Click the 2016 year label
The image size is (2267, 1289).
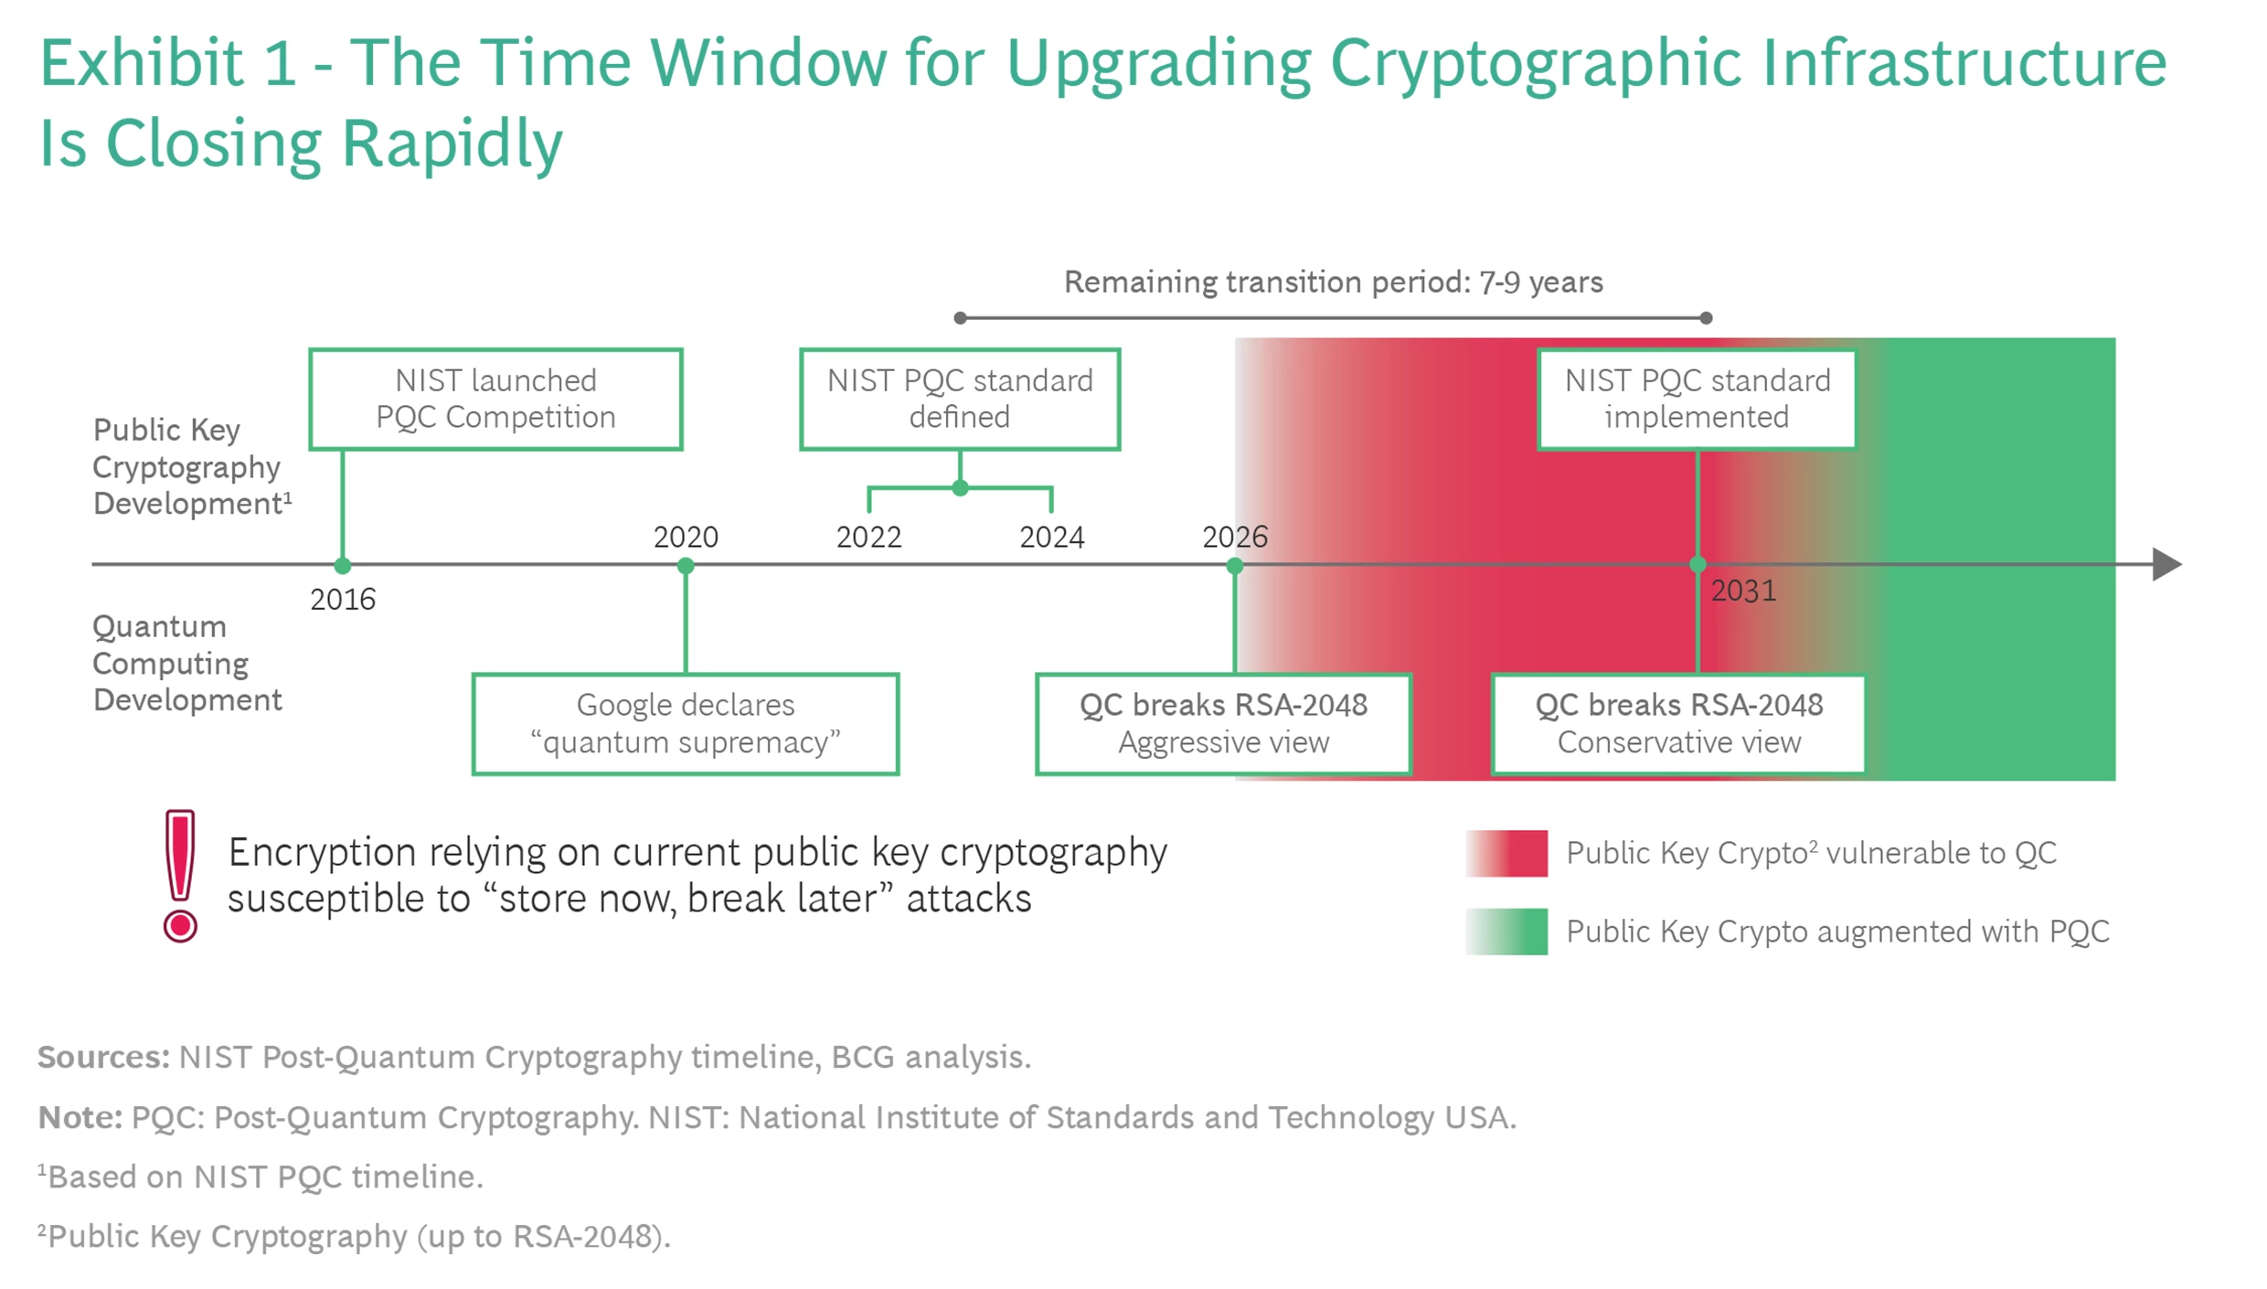pyautogui.click(x=343, y=600)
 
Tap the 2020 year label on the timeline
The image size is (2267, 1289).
pyautogui.click(x=686, y=537)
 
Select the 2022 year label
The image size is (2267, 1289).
pyautogui.click(x=868, y=537)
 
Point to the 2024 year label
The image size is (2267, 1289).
pyautogui.click(x=1051, y=537)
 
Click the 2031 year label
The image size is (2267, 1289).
pyautogui.click(x=1743, y=591)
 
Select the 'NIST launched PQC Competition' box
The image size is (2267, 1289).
pyautogui.click(x=495, y=399)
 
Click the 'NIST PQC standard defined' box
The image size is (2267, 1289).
pyautogui.click(x=960, y=399)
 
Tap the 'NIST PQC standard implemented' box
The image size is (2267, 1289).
pyautogui.click(x=1697, y=399)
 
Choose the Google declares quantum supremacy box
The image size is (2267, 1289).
pyautogui.click(x=686, y=724)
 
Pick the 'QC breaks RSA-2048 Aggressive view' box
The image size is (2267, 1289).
pyautogui.click(x=1223, y=724)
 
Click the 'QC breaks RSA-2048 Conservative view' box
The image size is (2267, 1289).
pyautogui.click(x=1678, y=724)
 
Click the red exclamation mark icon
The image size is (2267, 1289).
pyautogui.click(x=180, y=875)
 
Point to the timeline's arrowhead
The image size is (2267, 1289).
pyautogui.click(x=2166, y=564)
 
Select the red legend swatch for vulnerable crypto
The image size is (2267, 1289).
pyautogui.click(x=1506, y=853)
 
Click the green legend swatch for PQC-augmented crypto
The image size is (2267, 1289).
pyautogui.click(x=1506, y=932)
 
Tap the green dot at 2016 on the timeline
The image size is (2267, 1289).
pyautogui.click(x=343, y=566)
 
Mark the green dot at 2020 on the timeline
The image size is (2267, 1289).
pyautogui.click(x=686, y=566)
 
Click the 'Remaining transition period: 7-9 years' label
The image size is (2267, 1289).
pyautogui.click(x=1333, y=282)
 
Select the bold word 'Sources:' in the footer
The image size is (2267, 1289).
pyautogui.click(x=103, y=1057)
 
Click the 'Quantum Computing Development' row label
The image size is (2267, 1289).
pyautogui.click(x=186, y=664)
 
